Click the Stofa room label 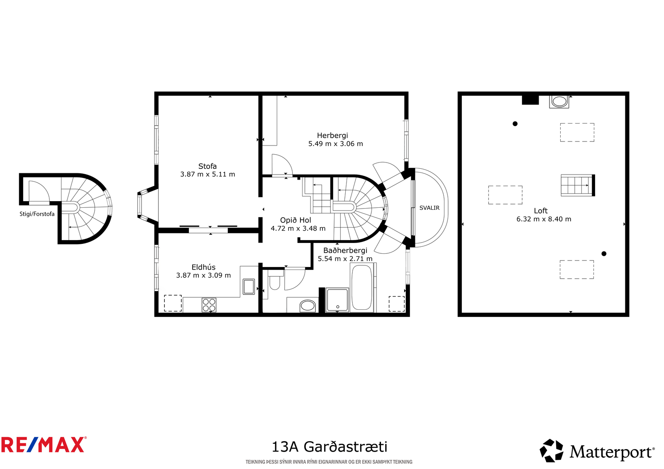pyautogui.click(x=207, y=166)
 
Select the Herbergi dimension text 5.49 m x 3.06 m pyautogui.click(x=336, y=144)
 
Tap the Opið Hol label pyautogui.click(x=295, y=220)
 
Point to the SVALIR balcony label pyautogui.click(x=429, y=208)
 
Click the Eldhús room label pyautogui.click(x=203, y=267)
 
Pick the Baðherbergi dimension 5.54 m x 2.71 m pyautogui.click(x=345, y=259)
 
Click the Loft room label pyautogui.click(x=541, y=211)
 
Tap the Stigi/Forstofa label pyautogui.click(x=37, y=214)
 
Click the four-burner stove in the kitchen pyautogui.click(x=209, y=305)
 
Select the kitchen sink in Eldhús pyautogui.click(x=249, y=287)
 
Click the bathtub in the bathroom pyautogui.click(x=361, y=287)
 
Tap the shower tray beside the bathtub pyautogui.click(x=337, y=300)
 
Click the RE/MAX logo pyautogui.click(x=44, y=445)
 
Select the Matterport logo pyautogui.click(x=597, y=450)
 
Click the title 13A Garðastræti pyautogui.click(x=330, y=447)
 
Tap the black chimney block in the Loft pyautogui.click(x=530, y=100)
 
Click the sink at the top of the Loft pyautogui.click(x=559, y=102)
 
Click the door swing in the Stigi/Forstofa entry pyautogui.click(x=39, y=192)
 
